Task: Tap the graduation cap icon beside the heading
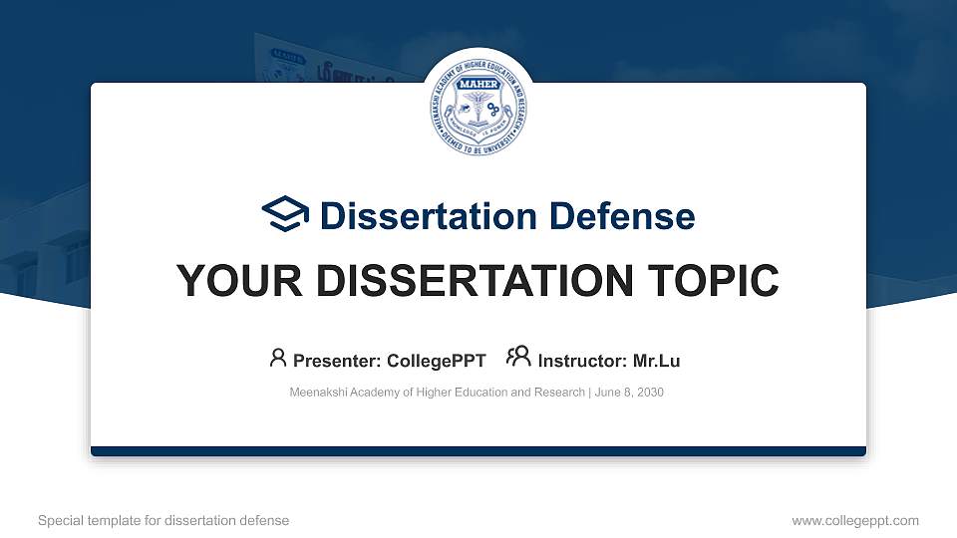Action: pyautogui.click(x=285, y=214)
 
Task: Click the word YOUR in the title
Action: pyautogui.click(x=227, y=281)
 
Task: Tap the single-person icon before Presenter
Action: pyautogui.click(x=278, y=358)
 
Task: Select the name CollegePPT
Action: pyautogui.click(x=436, y=360)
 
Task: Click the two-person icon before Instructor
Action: pyautogui.click(x=518, y=358)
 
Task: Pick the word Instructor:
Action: pyautogui.click(x=582, y=360)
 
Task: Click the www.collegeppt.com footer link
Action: pyautogui.click(x=855, y=520)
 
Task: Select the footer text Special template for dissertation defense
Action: pyautogui.click(x=163, y=520)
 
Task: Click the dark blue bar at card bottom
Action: pyautogui.click(x=478, y=451)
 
